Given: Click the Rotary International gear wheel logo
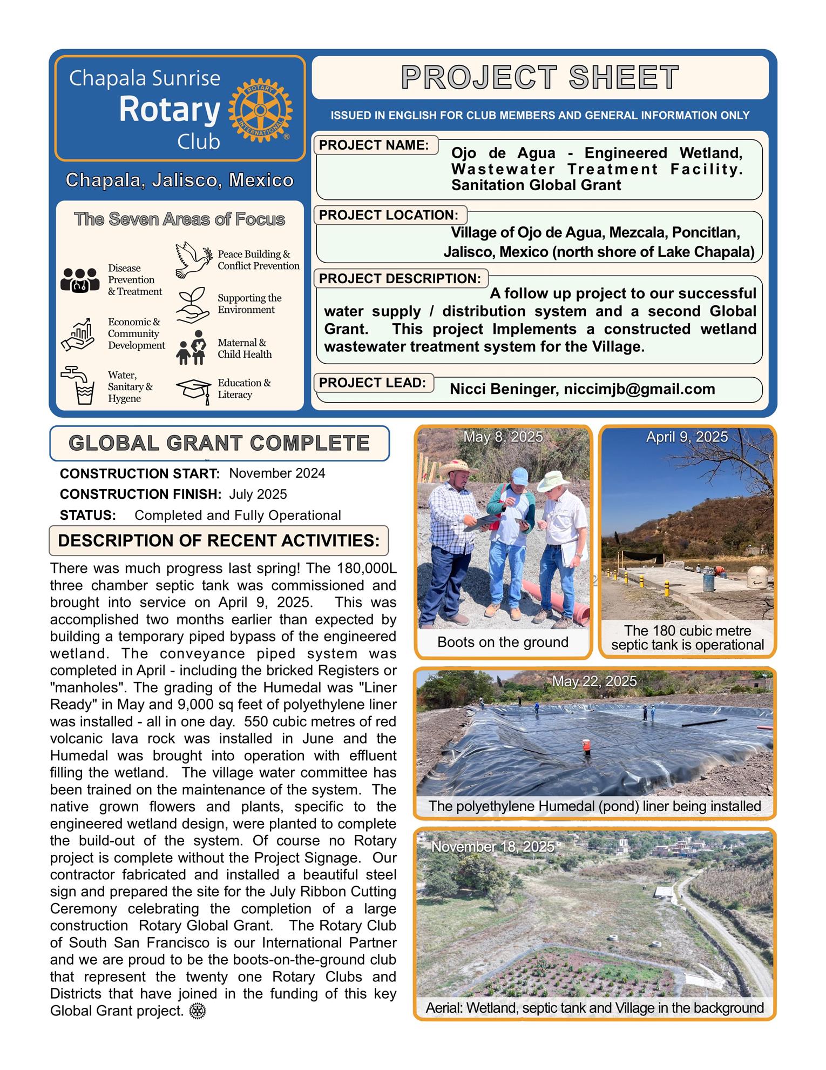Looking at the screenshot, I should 260,110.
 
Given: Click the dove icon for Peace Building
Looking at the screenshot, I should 193,260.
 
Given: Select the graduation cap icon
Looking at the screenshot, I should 193,390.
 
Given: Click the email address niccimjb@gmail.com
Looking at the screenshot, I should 639,389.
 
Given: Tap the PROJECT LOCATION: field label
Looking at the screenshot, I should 388,215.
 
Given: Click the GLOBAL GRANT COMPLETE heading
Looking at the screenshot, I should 219,443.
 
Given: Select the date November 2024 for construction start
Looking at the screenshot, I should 277,473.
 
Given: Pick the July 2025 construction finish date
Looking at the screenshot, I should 258,494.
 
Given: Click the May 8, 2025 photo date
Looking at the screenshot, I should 503,437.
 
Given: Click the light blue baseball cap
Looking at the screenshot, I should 519,476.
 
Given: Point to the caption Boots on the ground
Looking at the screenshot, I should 503,642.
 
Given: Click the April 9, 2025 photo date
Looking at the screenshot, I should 687,437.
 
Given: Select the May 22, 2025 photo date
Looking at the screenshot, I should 594,681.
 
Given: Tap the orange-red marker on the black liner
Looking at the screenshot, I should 586,746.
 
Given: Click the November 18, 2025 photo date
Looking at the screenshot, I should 492,847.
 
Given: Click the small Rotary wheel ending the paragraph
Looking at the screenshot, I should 198,1011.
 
